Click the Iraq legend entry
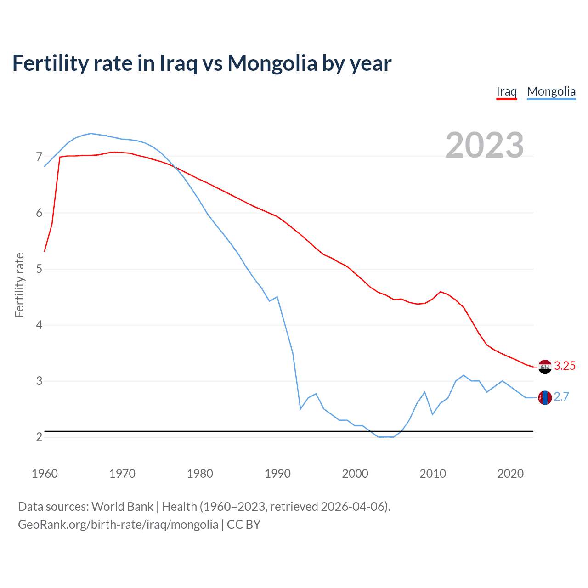pos(506,91)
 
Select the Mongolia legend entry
pos(551,91)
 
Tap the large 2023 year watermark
pos(485,145)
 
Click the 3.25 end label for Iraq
pos(565,366)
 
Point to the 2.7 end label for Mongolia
pos(561,396)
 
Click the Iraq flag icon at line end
pos(545,367)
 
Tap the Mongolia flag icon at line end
pos(545,397)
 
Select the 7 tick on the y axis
pos(39,157)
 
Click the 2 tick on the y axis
pos(39,437)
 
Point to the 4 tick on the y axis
pos(39,325)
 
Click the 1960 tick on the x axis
pos(45,474)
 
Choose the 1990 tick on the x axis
pos(277,474)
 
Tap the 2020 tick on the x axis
pos(510,474)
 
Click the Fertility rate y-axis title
pos(19,285)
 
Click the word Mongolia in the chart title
pos(271,63)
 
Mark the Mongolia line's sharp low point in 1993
pos(300,408)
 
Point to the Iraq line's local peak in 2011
pos(441,292)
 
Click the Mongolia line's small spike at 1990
pos(277,297)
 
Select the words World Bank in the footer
pos(122,507)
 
